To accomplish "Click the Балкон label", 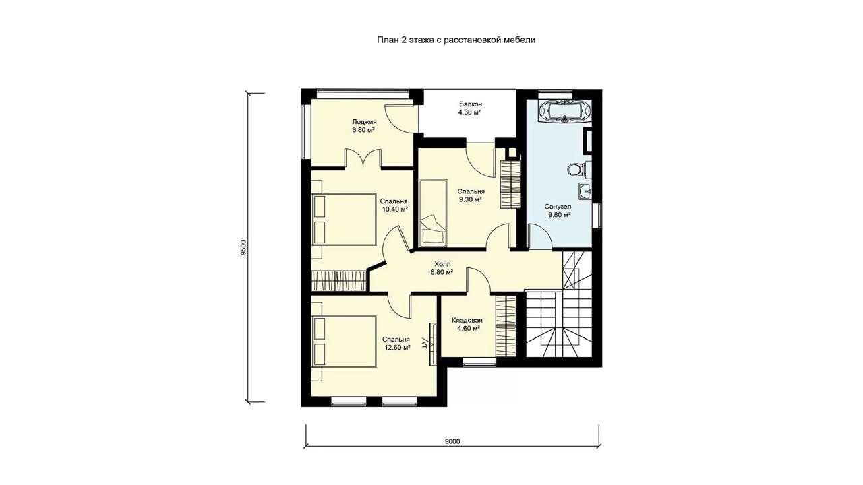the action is [x=471, y=104].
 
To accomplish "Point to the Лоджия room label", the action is [x=364, y=122].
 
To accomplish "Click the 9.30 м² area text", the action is [x=470, y=200].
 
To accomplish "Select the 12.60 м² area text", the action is [x=396, y=347].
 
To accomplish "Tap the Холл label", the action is [x=442, y=264].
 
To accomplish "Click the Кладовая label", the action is [x=467, y=320].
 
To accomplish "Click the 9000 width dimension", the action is [x=452, y=441].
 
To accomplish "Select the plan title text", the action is [x=456, y=40].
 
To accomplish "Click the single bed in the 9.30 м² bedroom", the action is [x=433, y=212].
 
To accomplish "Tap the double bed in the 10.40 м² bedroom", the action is [x=344, y=220].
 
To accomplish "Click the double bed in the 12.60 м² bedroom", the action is [x=344, y=342].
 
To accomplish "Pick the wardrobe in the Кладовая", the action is [x=506, y=327].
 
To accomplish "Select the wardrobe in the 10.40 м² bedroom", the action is [x=338, y=281].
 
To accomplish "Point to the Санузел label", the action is [x=558, y=207].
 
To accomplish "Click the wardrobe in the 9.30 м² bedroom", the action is [x=510, y=185].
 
